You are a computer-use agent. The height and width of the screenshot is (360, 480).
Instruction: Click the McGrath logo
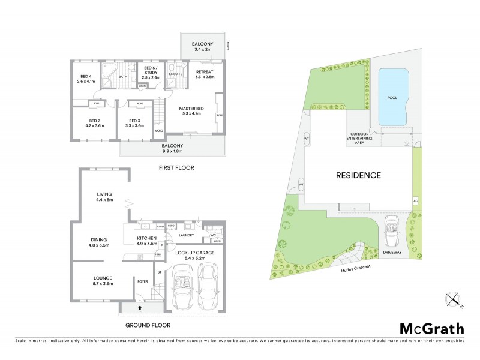[x=431, y=328]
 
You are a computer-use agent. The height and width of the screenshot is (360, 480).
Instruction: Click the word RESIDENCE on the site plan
[x=358, y=176]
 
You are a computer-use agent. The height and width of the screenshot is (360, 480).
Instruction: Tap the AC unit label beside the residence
[x=415, y=200]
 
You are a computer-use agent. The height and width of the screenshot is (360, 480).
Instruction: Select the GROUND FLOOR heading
[x=148, y=325]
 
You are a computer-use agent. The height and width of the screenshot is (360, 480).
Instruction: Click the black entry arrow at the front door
[x=141, y=308]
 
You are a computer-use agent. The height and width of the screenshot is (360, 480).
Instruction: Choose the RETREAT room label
[x=205, y=73]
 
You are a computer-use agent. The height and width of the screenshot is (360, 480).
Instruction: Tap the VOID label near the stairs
[x=158, y=130]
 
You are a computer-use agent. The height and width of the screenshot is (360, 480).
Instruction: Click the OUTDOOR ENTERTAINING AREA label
[x=360, y=137]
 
